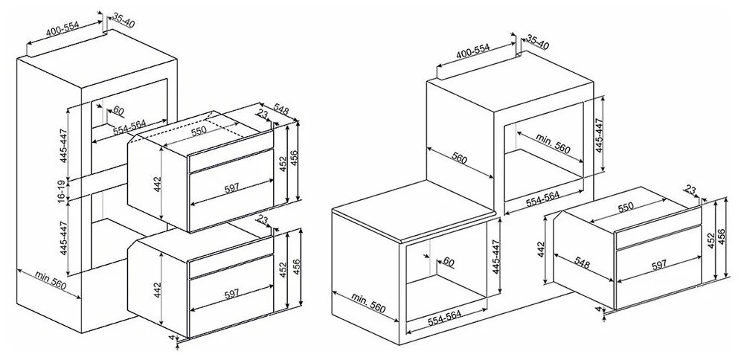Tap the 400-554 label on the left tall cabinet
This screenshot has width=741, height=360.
pyautogui.click(x=62, y=30)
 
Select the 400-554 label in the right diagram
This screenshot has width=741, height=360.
pyautogui.click(x=472, y=51)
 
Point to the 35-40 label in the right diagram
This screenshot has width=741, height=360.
pyautogui.click(x=537, y=42)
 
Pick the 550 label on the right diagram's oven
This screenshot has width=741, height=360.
pyautogui.click(x=625, y=207)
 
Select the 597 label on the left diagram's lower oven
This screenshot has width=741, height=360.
pyautogui.click(x=231, y=295)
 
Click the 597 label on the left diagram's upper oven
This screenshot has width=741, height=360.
pyautogui.click(x=231, y=187)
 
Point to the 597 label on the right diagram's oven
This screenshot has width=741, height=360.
pyautogui.click(x=658, y=265)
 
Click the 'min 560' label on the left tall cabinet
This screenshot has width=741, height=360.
pyautogui.click(x=50, y=281)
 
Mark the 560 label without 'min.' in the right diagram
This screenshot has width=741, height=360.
pyautogui.click(x=459, y=158)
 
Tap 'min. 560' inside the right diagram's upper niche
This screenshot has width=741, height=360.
pyautogui.click(x=553, y=143)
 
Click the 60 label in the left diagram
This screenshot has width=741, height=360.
pyautogui.click(x=118, y=112)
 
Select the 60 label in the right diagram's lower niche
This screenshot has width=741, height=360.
pyautogui.click(x=449, y=262)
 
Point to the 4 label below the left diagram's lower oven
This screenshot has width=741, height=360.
pyautogui.click(x=172, y=338)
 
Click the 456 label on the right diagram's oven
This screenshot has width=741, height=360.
pyautogui.click(x=722, y=237)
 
